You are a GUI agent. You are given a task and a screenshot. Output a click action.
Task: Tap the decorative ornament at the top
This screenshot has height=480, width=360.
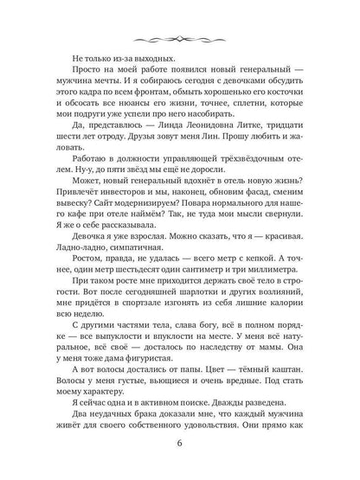point(180,36)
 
